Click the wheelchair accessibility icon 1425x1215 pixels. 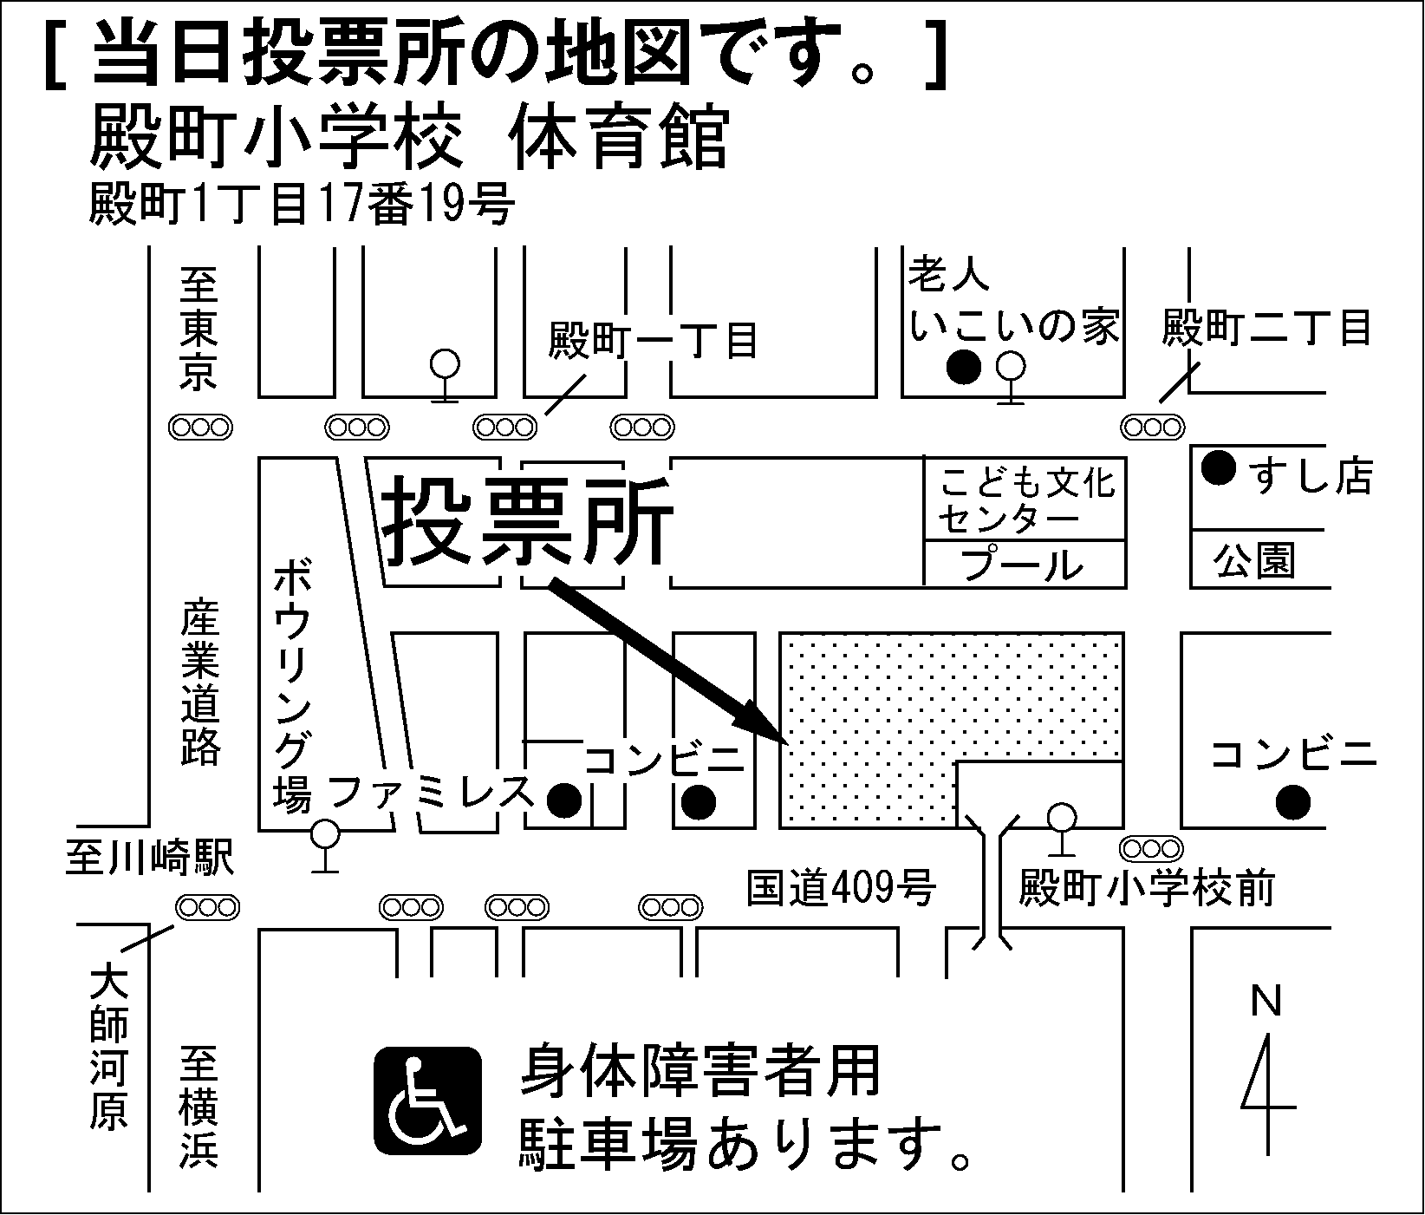tap(427, 1101)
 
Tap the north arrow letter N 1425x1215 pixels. tap(1266, 1003)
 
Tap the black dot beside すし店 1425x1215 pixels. tap(1219, 469)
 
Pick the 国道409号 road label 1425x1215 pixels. tap(841, 888)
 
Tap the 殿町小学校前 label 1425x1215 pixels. tap(1146, 888)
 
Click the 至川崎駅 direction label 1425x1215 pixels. tap(149, 859)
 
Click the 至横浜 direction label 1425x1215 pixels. tap(199, 1107)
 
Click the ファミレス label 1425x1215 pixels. tap(430, 791)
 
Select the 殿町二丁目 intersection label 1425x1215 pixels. tap(1266, 329)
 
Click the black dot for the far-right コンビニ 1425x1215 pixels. tap(1293, 801)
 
